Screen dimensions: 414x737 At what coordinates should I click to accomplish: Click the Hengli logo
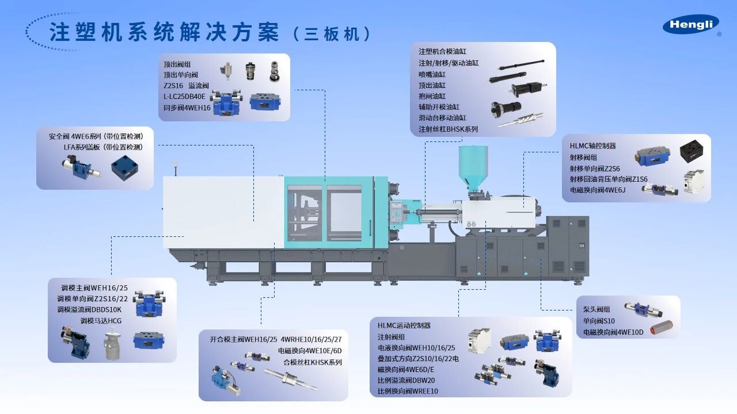pyautogui.click(x=691, y=25)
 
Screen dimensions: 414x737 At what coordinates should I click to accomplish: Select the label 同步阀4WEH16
pyautogui.click(x=187, y=108)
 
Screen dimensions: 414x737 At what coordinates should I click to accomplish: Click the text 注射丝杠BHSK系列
pyautogui.click(x=448, y=129)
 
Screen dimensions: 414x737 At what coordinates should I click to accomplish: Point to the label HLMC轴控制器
pyautogui.click(x=593, y=146)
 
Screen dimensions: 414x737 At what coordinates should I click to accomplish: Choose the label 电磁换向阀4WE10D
pyautogui.click(x=613, y=332)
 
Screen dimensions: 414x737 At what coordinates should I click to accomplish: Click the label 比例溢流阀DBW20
pyautogui.click(x=407, y=380)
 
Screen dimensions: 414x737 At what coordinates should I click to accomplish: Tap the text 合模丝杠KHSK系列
pyautogui.click(x=313, y=362)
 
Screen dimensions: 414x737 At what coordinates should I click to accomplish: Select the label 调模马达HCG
pyautogui.click(x=101, y=320)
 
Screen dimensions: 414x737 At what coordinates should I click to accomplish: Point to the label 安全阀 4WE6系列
pyautogui.click(x=75, y=136)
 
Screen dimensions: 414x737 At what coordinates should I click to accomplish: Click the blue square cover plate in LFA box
pyautogui.click(x=125, y=167)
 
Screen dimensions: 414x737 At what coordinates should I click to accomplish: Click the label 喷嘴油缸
pyautogui.click(x=432, y=74)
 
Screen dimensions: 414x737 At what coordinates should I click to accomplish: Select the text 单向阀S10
pyautogui.click(x=599, y=320)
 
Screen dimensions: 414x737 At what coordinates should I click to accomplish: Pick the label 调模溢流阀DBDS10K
pyautogui.click(x=89, y=309)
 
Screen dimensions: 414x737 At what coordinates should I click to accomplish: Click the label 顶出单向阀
pyautogui.click(x=180, y=75)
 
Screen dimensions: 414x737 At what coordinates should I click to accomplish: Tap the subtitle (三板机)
pyautogui.click(x=332, y=33)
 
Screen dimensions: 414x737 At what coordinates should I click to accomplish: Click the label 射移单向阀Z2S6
pyautogui.click(x=595, y=168)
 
